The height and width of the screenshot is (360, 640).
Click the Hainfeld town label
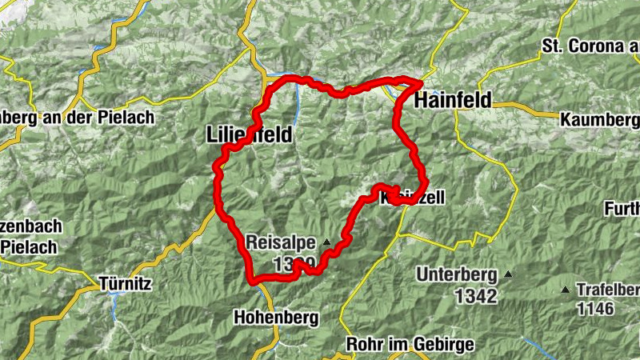tap(453, 102)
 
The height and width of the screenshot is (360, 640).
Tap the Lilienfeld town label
tap(244, 135)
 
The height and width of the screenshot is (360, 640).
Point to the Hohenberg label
tap(276, 318)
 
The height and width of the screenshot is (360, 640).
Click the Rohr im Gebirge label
tap(410, 345)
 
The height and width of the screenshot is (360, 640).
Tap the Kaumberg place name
tap(599, 119)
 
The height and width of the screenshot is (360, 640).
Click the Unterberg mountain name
tap(457, 274)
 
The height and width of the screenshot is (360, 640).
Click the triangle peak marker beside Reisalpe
tap(326, 240)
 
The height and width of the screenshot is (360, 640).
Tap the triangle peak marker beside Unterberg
tap(508, 274)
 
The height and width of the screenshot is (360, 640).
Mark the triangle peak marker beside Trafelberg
tap(566, 290)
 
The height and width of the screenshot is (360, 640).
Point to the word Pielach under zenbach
tap(29, 247)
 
